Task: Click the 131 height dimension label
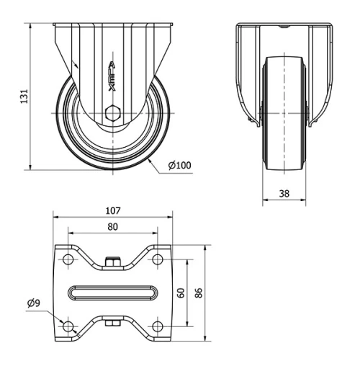(23, 95)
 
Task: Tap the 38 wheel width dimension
(284, 193)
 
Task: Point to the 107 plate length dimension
(112, 211)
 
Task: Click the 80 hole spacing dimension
(112, 226)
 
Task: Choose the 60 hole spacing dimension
(181, 292)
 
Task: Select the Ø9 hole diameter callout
(33, 303)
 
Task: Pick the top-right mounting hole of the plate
(157, 259)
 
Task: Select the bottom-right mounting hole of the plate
(157, 326)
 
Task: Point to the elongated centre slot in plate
(112, 293)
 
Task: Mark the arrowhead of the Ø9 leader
(62, 321)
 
